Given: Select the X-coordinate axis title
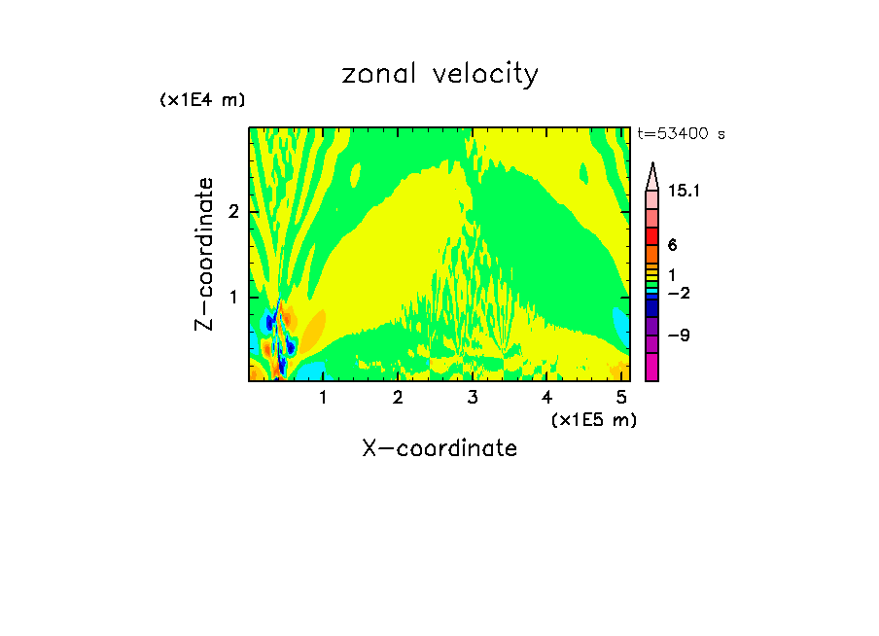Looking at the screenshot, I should pyautogui.click(x=439, y=448).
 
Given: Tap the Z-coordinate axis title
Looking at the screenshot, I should pyautogui.click(x=204, y=253).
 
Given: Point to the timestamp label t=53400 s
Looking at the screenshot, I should pyautogui.click(x=682, y=134).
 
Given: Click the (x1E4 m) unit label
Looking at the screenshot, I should pyautogui.click(x=202, y=100).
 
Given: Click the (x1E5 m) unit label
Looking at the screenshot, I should pyautogui.click(x=593, y=419).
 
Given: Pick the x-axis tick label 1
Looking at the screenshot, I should pyautogui.click(x=323, y=398).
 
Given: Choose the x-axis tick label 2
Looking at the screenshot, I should pyautogui.click(x=398, y=398).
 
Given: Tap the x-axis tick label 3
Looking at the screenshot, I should pyautogui.click(x=473, y=398).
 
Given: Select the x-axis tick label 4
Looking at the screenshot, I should pyautogui.click(x=547, y=398).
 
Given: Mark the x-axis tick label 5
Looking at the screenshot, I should pyautogui.click(x=622, y=398).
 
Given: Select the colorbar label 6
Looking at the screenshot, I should pyautogui.click(x=672, y=246).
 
